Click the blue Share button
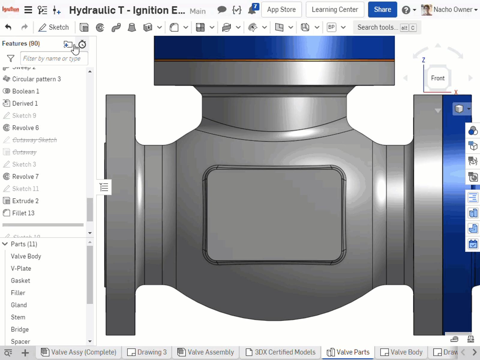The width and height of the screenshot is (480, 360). point(382,10)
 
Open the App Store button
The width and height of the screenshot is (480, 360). point(281,10)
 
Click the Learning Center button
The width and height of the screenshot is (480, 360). point(334,10)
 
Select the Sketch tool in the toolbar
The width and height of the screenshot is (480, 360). point(54,27)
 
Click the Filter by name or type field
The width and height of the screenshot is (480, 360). point(54,58)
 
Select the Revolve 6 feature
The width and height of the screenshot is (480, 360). point(25,128)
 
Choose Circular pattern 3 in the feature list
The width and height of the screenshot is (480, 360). point(36,79)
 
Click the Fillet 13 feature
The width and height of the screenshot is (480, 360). point(23,213)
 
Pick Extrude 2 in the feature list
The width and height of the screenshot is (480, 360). point(25,201)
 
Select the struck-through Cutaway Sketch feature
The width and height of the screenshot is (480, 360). point(34,140)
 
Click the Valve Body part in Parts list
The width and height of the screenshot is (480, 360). point(26,256)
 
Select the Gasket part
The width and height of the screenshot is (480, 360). point(20,280)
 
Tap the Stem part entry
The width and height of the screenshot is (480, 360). point(18,317)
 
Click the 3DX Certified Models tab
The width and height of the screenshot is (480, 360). point(280,352)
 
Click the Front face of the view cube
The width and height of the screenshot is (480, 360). point(437,78)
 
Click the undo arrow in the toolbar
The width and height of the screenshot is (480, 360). point(8,27)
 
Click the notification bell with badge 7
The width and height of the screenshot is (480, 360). point(252,10)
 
